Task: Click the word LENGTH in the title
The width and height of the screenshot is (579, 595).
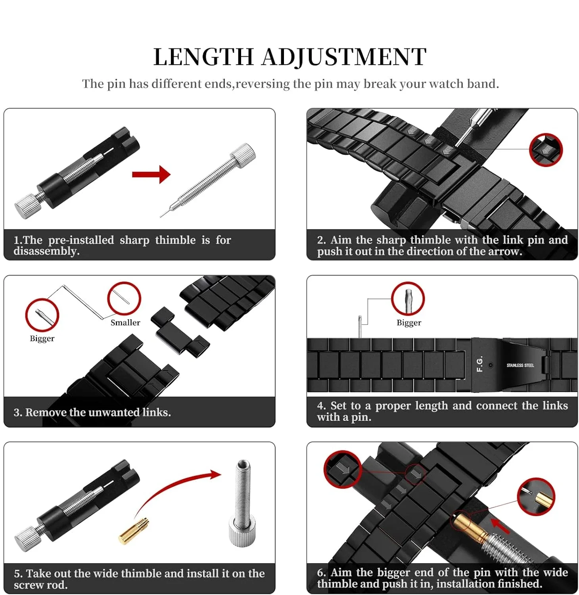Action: pos(203,57)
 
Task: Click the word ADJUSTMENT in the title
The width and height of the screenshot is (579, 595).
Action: pos(343,57)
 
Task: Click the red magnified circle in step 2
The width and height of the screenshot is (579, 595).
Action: pos(546,150)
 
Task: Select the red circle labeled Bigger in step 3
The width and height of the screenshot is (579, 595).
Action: pos(42,315)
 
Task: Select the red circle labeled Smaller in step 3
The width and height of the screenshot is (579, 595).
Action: pos(124,298)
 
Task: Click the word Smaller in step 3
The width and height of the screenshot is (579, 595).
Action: pos(125,322)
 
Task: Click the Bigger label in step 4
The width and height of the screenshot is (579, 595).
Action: pos(408,322)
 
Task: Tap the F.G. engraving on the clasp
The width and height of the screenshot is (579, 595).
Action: pos(479,364)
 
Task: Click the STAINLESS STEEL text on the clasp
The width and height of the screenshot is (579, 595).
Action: pos(520,365)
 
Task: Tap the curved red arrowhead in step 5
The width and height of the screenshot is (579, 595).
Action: pos(215,474)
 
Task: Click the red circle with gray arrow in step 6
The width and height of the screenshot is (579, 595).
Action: pos(343,469)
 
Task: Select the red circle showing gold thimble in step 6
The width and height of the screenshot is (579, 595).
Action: pos(536,497)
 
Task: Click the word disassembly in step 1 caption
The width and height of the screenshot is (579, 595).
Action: pos(46,251)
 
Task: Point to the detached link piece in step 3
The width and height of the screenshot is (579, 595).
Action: pos(179,332)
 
